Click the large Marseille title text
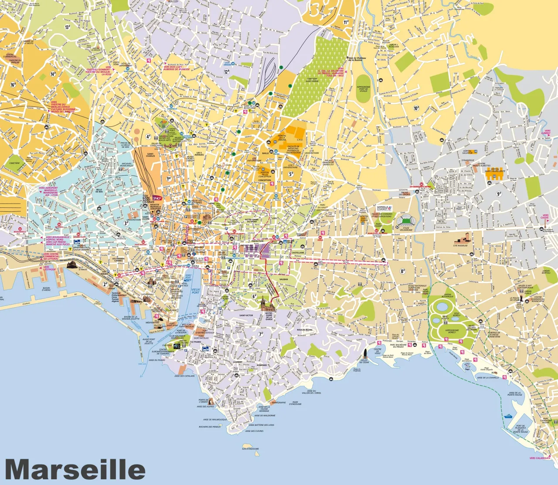pyautogui.click(x=75, y=470)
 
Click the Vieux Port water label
pyautogui.click(x=196, y=291)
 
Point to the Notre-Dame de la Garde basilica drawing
pyautogui.click(x=265, y=305)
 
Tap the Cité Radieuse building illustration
pyautogui.click(x=461, y=239)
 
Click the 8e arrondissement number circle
pyautogui.click(x=403, y=271)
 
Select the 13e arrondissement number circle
pyautogui.click(x=68, y=27)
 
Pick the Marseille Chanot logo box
pyautogui.click(x=384, y=208)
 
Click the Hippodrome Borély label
pyautogui.click(x=451, y=331)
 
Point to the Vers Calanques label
pyautogui.click(x=539, y=458)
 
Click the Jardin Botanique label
pyautogui.click(x=447, y=295)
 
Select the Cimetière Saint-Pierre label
pyautogui.click(x=312, y=80)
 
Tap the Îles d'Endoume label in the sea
pyautogui.click(x=250, y=449)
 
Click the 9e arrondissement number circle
pyautogui.click(x=499, y=194)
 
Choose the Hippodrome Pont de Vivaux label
pyautogui.click(x=363, y=89)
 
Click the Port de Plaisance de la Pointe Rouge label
pyautogui.click(x=521, y=429)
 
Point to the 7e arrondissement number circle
pyautogui.click(x=261, y=334)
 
